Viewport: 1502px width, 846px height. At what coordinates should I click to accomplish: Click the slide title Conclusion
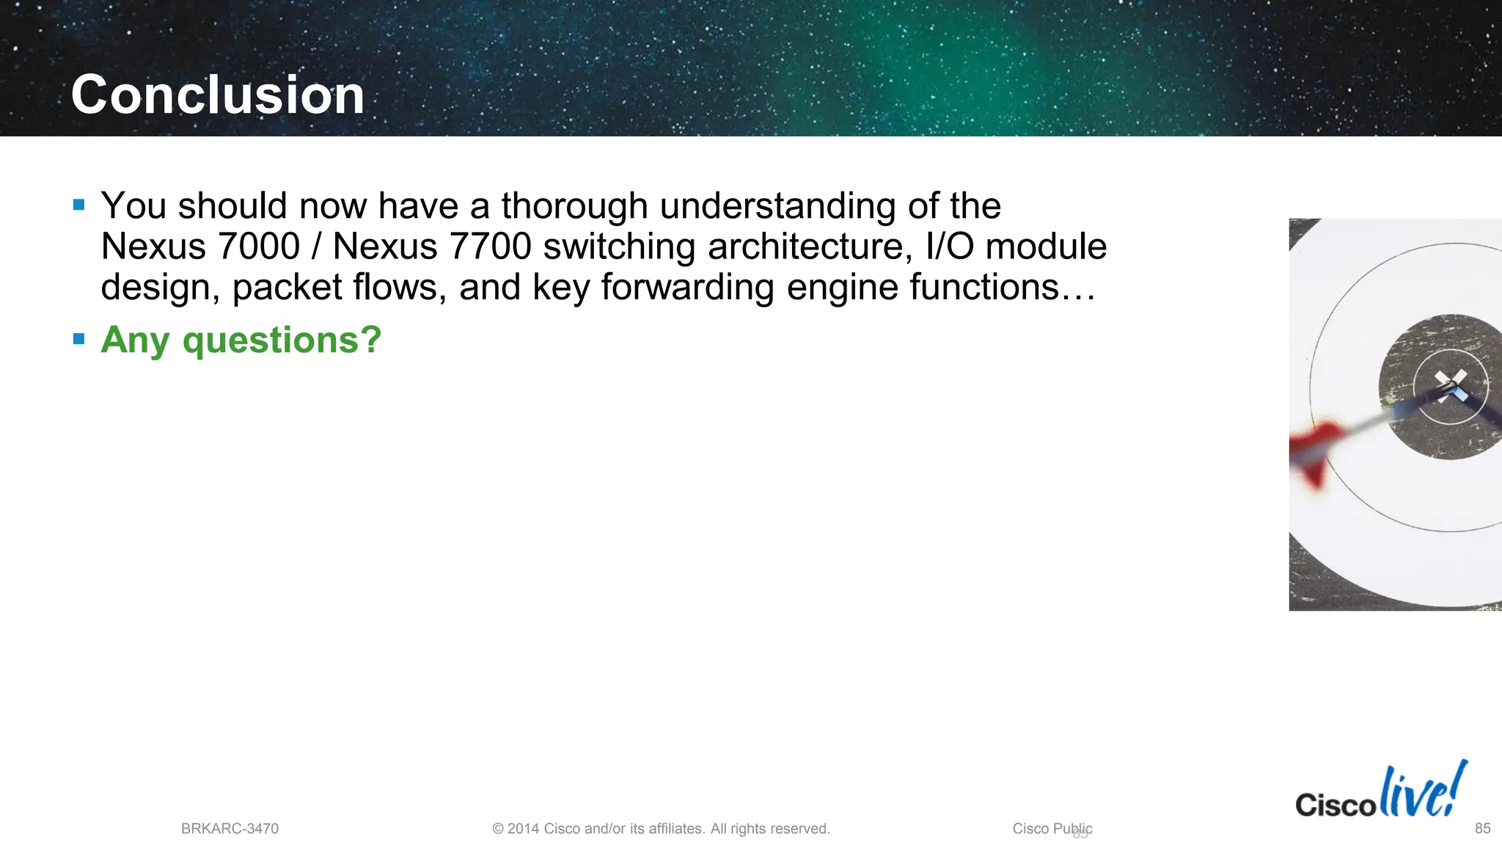pos(218,95)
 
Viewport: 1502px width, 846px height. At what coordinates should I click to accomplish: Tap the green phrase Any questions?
pos(241,340)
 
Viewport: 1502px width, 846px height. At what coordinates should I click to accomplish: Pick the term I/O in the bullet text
pos(950,246)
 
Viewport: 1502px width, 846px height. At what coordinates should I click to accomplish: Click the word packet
pos(287,287)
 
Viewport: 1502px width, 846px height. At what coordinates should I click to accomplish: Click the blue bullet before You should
pos(79,205)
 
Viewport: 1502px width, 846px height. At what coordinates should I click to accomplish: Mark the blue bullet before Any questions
pos(79,339)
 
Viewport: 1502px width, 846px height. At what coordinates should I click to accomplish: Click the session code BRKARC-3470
pos(230,828)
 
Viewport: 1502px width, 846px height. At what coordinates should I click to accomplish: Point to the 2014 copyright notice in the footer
pos(661,828)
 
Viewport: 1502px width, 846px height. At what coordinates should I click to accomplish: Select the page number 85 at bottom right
pos(1482,828)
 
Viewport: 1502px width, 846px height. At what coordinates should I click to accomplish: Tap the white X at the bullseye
pos(1451,384)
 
